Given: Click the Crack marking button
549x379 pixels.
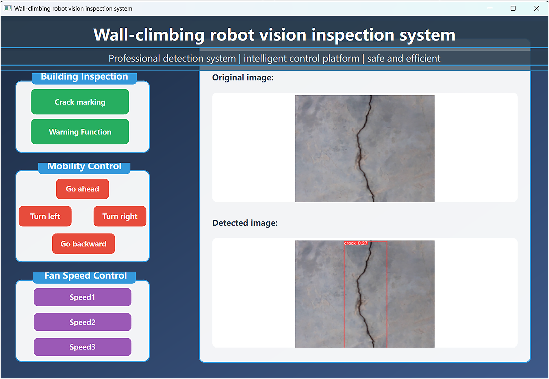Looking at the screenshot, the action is [80, 102].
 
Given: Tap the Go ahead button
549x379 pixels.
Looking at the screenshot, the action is [82, 189].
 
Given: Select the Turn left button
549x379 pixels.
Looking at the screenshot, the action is [45, 216].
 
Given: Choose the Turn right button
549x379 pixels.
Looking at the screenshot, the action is [120, 216].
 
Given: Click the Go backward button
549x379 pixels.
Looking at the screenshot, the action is [84, 244].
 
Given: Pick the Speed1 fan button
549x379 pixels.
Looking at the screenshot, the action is [82, 297].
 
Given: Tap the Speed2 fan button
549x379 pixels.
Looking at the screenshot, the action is [82, 322].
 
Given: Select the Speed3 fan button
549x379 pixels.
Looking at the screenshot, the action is [82, 347].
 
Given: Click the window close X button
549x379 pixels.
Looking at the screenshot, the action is [537, 8].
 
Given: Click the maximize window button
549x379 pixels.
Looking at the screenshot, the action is [513, 8].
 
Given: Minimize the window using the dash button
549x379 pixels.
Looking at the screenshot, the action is [490, 8].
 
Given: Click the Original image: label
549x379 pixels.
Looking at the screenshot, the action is [243, 78].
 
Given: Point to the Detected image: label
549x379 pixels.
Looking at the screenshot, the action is [245, 223].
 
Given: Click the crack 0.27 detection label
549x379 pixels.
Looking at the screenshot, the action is [356, 243].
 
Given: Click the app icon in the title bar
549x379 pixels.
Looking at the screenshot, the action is [8, 8].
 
